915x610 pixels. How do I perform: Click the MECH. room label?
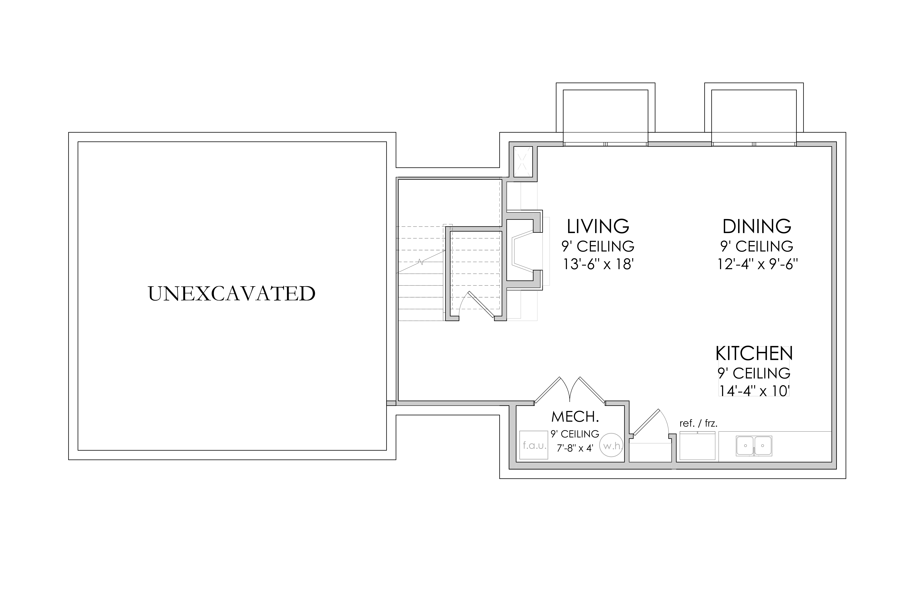pyautogui.click(x=575, y=417)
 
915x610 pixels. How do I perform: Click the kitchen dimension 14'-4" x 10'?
pyautogui.click(x=754, y=391)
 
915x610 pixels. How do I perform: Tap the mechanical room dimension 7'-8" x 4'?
pyautogui.click(x=575, y=448)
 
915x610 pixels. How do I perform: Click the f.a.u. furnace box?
pyautogui.click(x=534, y=445)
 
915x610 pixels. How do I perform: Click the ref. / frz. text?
pyautogui.click(x=698, y=423)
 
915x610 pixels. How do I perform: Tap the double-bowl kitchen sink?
pyautogui.click(x=754, y=446)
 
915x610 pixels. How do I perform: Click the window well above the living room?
pyautogui.click(x=606, y=113)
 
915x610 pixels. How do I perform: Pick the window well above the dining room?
pyautogui.click(x=754, y=113)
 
